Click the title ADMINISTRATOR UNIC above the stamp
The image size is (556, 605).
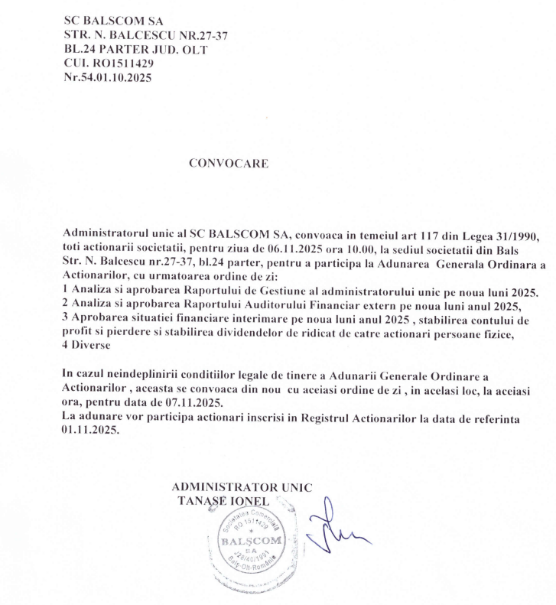point(242,487)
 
